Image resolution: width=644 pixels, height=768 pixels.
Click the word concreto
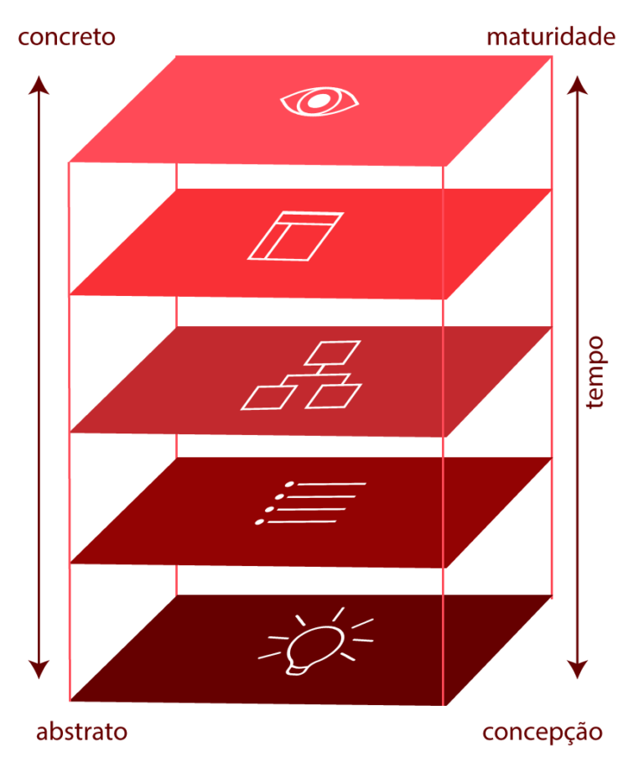(66, 38)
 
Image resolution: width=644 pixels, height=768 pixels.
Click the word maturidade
(551, 38)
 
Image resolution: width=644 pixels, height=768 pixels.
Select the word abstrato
(81, 731)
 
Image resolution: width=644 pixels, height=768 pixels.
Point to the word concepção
(542, 731)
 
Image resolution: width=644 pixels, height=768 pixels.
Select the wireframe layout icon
(295, 235)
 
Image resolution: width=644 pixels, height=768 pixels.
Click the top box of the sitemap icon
(332, 353)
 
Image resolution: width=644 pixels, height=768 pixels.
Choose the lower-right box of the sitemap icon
(333, 396)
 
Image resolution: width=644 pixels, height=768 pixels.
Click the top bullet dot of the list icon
(290, 485)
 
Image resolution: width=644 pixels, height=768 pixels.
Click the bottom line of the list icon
(302, 522)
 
